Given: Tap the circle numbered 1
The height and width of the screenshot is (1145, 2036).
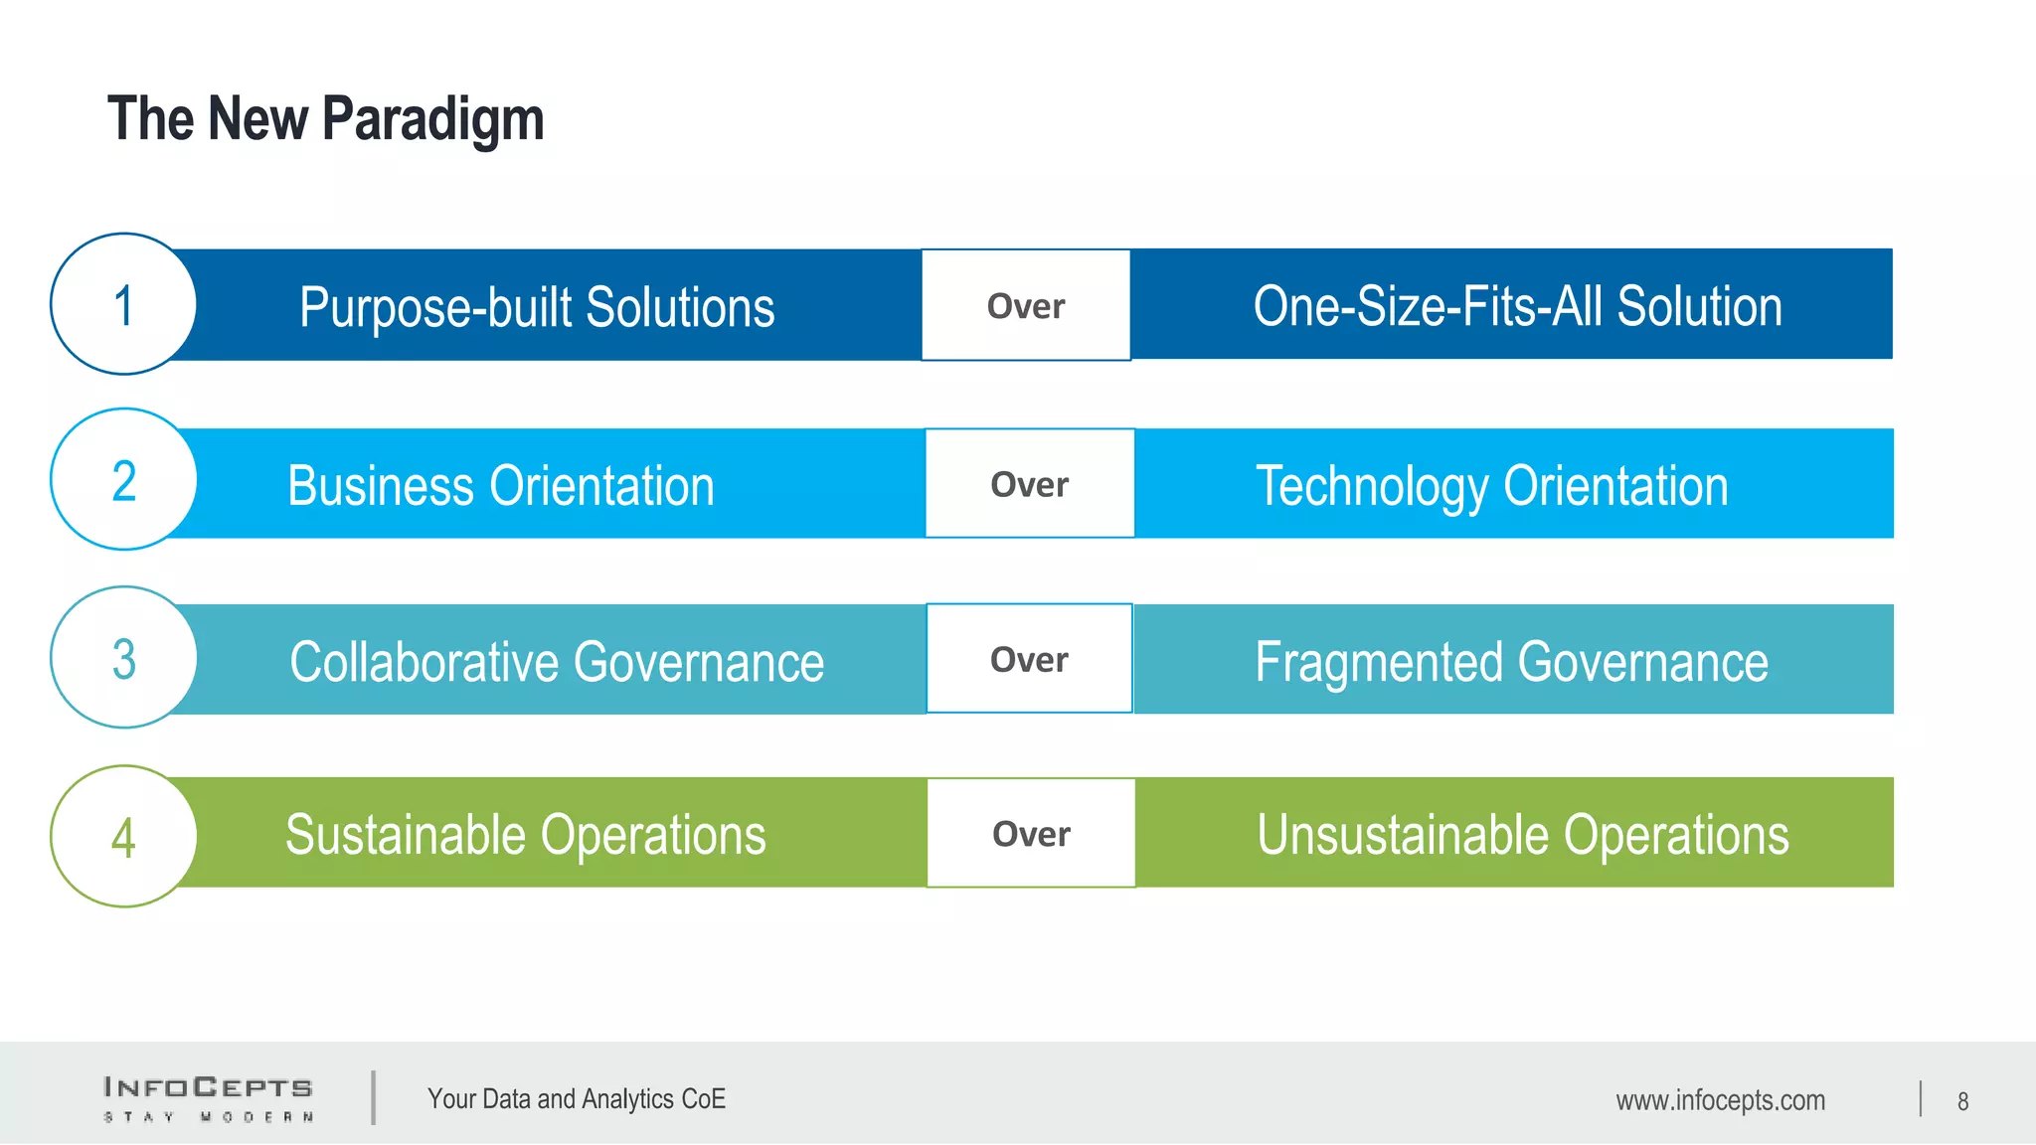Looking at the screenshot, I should pos(123,304).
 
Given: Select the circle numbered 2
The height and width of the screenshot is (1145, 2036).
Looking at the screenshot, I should pos(123,480).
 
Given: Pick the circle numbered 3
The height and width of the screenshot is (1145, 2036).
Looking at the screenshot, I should pos(123,658).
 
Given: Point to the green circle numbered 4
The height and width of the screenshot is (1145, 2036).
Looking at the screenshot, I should pos(123,836).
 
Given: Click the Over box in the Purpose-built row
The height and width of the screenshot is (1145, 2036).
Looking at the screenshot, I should pos(1025,305).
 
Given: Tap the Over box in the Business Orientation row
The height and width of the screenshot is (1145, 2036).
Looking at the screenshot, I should pos(1029,484).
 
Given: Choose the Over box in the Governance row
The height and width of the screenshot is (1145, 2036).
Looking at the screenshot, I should pos(1029,659).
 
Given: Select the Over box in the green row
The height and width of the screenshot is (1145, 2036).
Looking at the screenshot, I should pos(1031,833).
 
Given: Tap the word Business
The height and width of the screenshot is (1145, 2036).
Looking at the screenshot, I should pos(380,486).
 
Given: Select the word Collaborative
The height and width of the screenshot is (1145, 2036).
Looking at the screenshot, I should pos(423,662).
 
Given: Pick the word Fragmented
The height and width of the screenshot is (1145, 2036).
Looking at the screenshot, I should pos(1378,662).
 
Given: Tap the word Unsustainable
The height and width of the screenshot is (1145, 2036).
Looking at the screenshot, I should pos(1402,835).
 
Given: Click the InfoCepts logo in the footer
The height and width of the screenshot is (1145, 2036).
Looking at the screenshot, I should pos(209,1098).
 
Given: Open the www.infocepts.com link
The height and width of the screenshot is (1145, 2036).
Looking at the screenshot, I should pos(1720,1100).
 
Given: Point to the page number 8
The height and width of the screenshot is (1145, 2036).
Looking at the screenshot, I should pos(1962,1101).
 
